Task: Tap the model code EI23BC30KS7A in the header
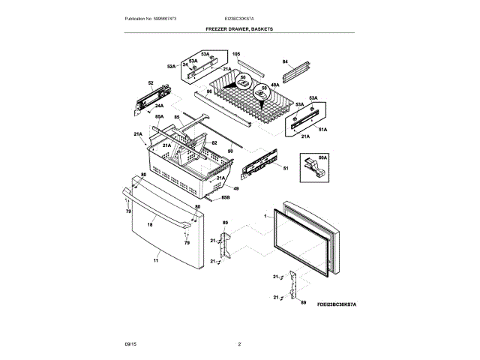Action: coord(239,18)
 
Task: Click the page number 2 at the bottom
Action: coord(239,343)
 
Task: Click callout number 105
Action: coord(235,55)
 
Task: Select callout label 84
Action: coord(285,61)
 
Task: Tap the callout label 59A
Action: coord(323,157)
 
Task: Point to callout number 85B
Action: coord(225,198)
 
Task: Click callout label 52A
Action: coord(171,67)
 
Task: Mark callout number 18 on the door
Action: coord(150,223)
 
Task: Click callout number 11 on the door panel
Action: coord(156,259)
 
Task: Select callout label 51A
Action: coord(324,129)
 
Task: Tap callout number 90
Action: coord(230,151)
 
